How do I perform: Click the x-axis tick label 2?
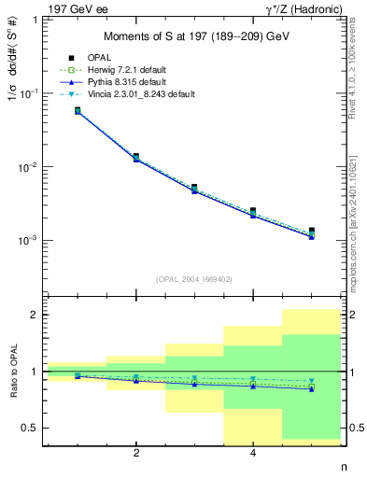point(136,455)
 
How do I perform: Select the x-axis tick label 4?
point(253,455)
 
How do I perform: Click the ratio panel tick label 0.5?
point(33,428)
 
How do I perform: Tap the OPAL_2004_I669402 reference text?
point(194,279)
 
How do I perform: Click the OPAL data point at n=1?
point(78,110)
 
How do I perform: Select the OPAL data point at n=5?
point(311,231)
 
